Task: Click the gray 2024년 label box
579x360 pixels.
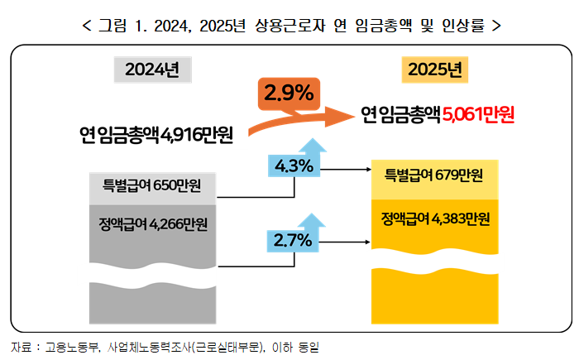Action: pyautogui.click(x=152, y=70)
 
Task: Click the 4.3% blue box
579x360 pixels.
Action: pyautogui.click(x=293, y=166)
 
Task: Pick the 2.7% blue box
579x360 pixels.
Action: pyautogui.click(x=293, y=241)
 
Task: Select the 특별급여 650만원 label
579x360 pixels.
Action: pyautogui.click(x=152, y=184)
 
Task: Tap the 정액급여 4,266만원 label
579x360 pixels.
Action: pyautogui.click(x=152, y=224)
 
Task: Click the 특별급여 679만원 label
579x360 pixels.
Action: pyautogui.click(x=435, y=175)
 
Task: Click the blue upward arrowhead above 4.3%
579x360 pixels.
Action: pyautogui.click(x=312, y=146)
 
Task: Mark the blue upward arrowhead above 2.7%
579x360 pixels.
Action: pyautogui.click(x=312, y=219)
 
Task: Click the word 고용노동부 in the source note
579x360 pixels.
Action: pyautogui.click(x=72, y=345)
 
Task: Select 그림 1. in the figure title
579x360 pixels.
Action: pyautogui.click(x=126, y=26)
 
